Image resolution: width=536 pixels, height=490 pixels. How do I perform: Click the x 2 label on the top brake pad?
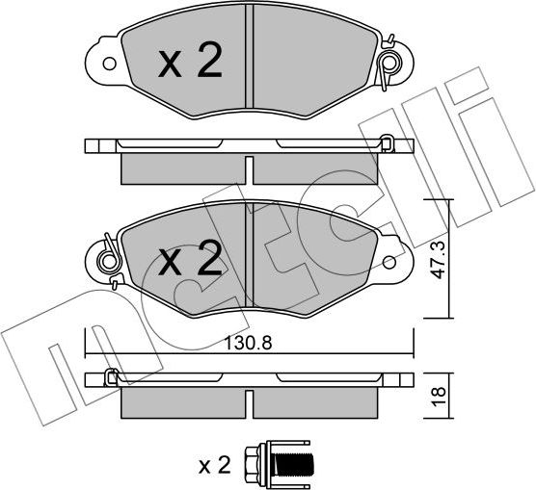pyautogui.click(x=189, y=64)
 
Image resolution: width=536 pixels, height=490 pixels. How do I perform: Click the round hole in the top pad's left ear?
pyautogui.click(x=108, y=66)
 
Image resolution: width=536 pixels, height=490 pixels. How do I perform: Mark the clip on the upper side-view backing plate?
pyautogui.click(x=386, y=144)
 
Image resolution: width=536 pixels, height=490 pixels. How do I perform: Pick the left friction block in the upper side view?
pyautogui.click(x=183, y=168)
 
